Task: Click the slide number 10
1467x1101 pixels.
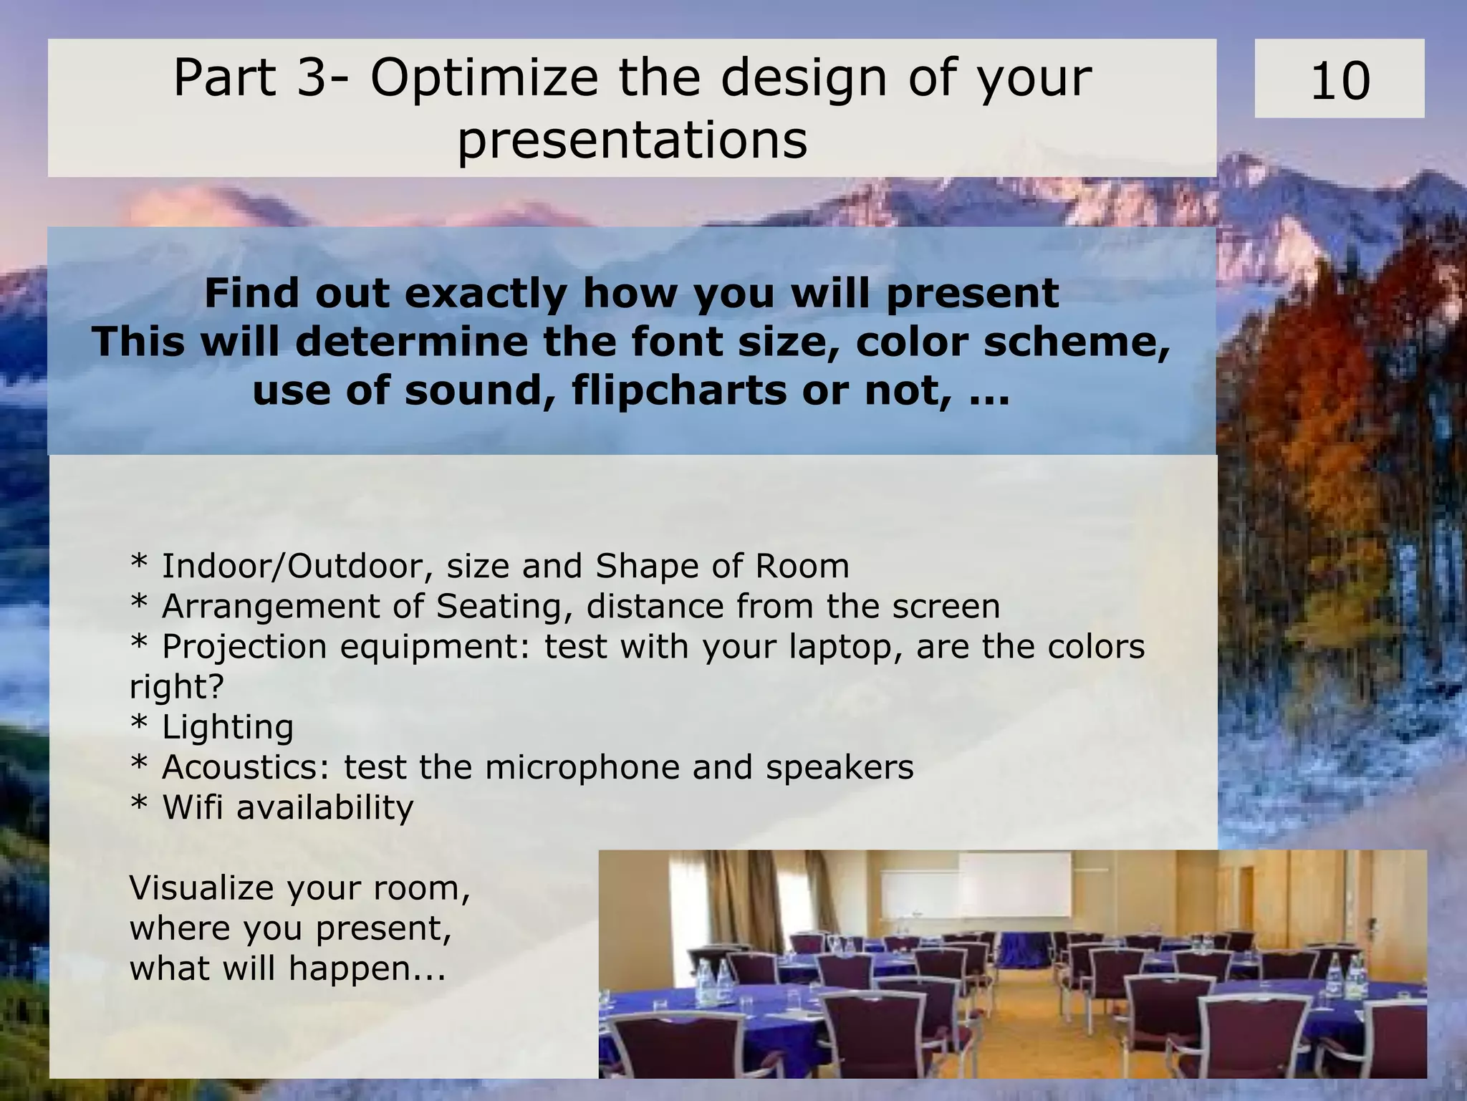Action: click(1339, 80)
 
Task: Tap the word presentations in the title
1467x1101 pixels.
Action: click(632, 140)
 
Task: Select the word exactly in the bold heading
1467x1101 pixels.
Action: click(485, 294)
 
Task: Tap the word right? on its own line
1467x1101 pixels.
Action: click(176, 686)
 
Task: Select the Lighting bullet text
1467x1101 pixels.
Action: click(228, 726)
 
